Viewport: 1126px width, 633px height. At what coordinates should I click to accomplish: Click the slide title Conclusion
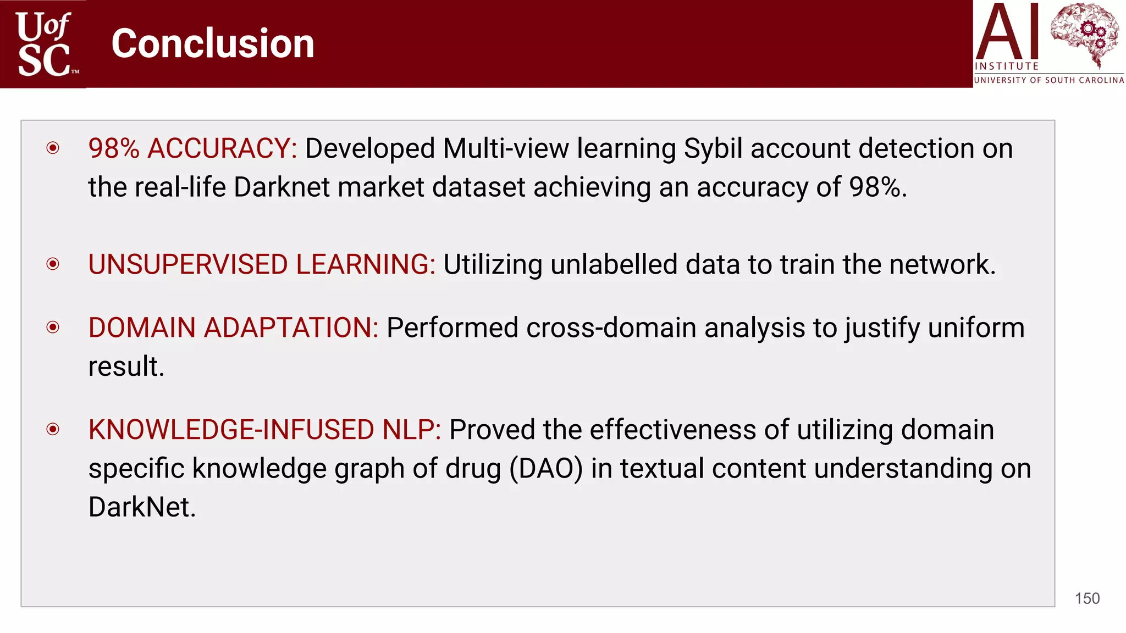tap(213, 43)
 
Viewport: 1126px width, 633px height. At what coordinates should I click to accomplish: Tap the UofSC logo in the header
tap(44, 44)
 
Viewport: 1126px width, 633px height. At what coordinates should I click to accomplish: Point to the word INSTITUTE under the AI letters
tap(1007, 66)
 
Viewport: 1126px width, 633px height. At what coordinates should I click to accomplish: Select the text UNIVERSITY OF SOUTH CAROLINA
tap(1049, 80)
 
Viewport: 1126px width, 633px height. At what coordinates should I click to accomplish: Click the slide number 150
tap(1087, 598)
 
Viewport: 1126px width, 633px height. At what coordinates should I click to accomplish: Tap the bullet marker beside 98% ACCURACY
tap(53, 148)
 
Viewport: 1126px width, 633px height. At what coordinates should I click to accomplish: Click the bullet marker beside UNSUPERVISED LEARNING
tap(53, 264)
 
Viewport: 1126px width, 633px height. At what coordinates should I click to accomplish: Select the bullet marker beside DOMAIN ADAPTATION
tap(53, 327)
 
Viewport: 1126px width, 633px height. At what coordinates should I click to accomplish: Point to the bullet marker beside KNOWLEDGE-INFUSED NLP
tap(53, 429)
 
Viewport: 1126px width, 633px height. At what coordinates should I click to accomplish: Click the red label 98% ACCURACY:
tap(192, 148)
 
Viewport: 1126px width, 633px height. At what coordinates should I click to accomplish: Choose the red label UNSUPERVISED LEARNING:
tap(262, 264)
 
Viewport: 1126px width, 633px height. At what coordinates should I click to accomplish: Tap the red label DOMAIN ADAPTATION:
tap(233, 328)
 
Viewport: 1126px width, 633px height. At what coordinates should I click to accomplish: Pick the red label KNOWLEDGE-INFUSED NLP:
tap(264, 430)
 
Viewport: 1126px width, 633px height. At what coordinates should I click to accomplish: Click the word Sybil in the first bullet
tap(713, 148)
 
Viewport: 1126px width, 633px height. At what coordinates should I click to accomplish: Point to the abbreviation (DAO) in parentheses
tap(546, 469)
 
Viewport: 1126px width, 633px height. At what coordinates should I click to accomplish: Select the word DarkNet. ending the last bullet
tap(142, 507)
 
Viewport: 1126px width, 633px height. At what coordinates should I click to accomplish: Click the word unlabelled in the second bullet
tap(614, 264)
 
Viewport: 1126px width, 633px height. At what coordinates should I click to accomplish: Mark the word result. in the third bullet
tap(126, 367)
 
